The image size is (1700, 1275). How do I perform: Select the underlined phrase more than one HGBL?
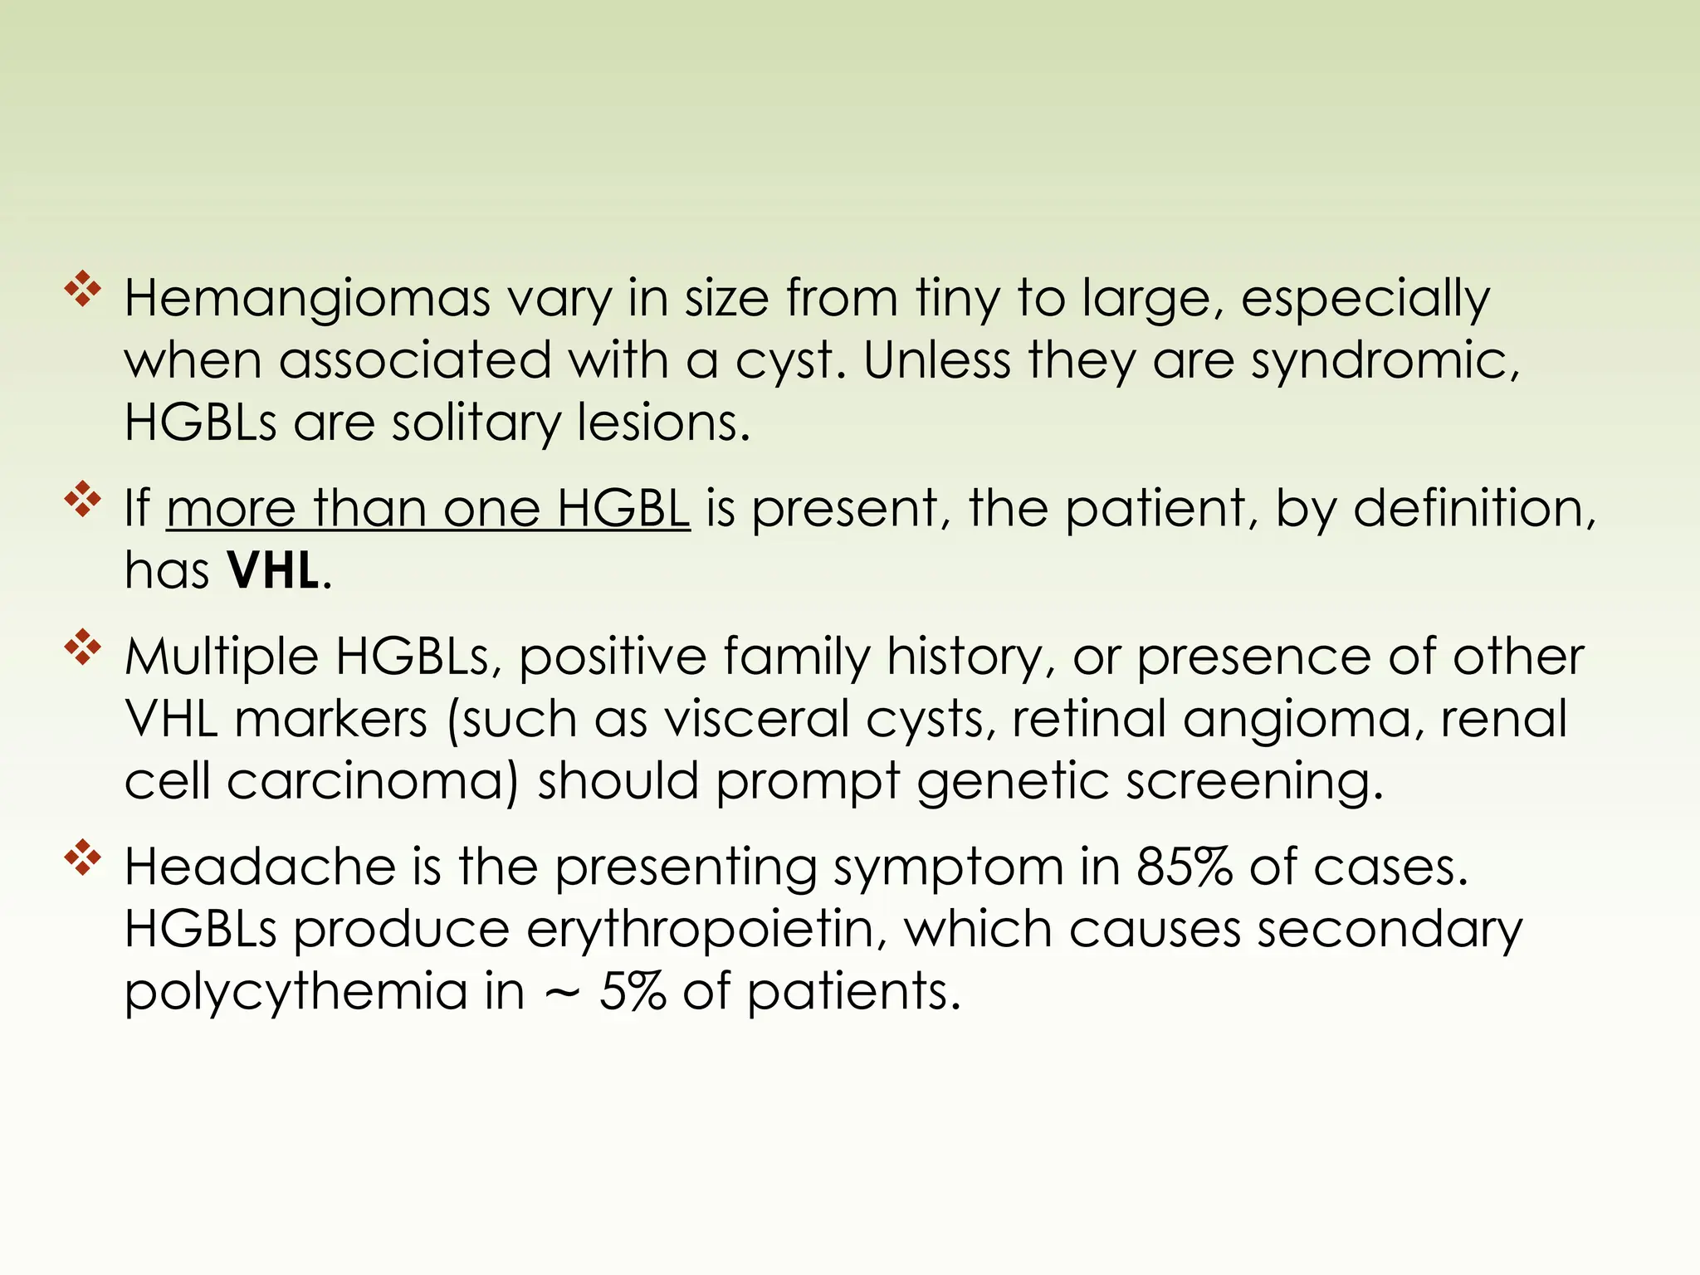(428, 508)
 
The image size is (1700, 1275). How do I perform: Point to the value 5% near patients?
(633, 992)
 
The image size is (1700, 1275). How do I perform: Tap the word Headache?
(260, 867)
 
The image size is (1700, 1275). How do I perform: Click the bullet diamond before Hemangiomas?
(83, 290)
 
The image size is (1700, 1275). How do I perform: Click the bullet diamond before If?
(83, 499)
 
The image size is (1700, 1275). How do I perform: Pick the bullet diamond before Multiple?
(83, 647)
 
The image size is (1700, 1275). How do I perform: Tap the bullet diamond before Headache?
(83, 858)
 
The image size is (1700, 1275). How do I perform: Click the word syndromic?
(1384, 363)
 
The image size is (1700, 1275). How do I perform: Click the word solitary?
(476, 424)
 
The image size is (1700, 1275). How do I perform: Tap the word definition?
(1474, 508)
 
